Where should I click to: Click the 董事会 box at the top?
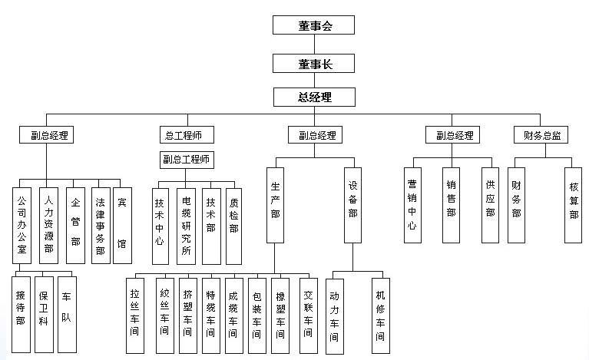(x=314, y=25)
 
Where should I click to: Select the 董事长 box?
(x=314, y=62)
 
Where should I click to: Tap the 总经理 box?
(x=314, y=97)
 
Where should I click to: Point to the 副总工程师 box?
(x=187, y=160)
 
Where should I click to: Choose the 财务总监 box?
(x=542, y=135)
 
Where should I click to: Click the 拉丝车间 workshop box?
(x=136, y=314)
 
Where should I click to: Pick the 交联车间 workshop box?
(x=308, y=314)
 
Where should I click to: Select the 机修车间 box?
(x=380, y=315)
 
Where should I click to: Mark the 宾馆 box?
(x=122, y=222)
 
